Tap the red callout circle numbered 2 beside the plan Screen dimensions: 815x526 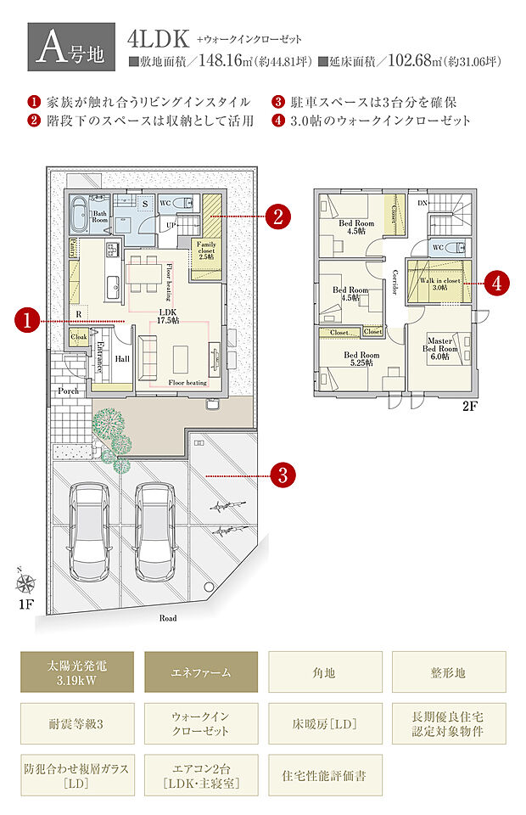click(x=277, y=216)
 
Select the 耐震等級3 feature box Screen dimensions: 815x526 click(x=77, y=725)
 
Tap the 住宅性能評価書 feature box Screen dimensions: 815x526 click(x=323, y=776)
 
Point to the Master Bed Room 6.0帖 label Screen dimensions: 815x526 click(x=441, y=349)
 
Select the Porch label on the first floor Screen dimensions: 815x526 click(x=69, y=391)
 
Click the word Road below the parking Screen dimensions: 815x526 click(x=168, y=618)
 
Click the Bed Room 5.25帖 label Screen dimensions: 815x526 click(x=361, y=359)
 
